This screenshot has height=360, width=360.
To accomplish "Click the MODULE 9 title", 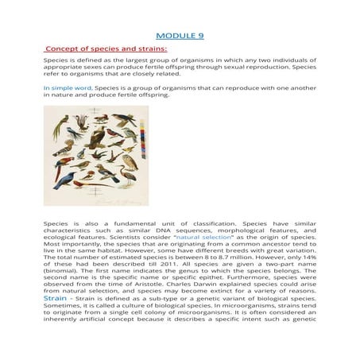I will (x=180, y=35).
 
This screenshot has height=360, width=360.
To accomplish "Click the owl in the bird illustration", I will (x=130, y=161).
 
